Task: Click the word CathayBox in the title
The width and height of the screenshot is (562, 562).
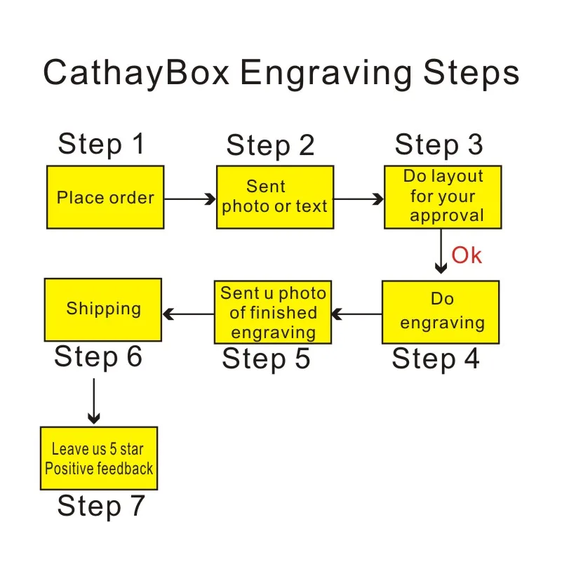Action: [x=136, y=74]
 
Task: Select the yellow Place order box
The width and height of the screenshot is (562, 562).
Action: [x=105, y=197]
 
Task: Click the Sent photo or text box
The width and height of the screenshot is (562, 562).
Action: [x=274, y=197]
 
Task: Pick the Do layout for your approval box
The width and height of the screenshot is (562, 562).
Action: [x=443, y=197]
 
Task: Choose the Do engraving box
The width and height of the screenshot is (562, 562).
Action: [x=441, y=312]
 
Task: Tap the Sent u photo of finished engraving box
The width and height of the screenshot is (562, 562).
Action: [x=273, y=312]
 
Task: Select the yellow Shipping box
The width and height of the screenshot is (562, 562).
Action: [x=103, y=309]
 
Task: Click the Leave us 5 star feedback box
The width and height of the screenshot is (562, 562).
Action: [x=99, y=458]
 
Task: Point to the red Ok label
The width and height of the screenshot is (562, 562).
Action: [x=467, y=255]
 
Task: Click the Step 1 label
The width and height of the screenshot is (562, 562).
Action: [x=101, y=144]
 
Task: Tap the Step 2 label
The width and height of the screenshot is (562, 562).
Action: [x=270, y=146]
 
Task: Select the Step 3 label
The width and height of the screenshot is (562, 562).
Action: [x=439, y=145]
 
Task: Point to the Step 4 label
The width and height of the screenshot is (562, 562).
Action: [x=435, y=359]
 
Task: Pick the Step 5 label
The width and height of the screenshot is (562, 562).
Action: [x=266, y=359]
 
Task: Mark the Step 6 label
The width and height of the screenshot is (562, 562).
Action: [x=98, y=356]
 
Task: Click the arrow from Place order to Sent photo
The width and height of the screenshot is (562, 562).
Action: [x=189, y=199]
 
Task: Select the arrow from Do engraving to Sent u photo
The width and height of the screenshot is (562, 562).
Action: [x=356, y=314]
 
